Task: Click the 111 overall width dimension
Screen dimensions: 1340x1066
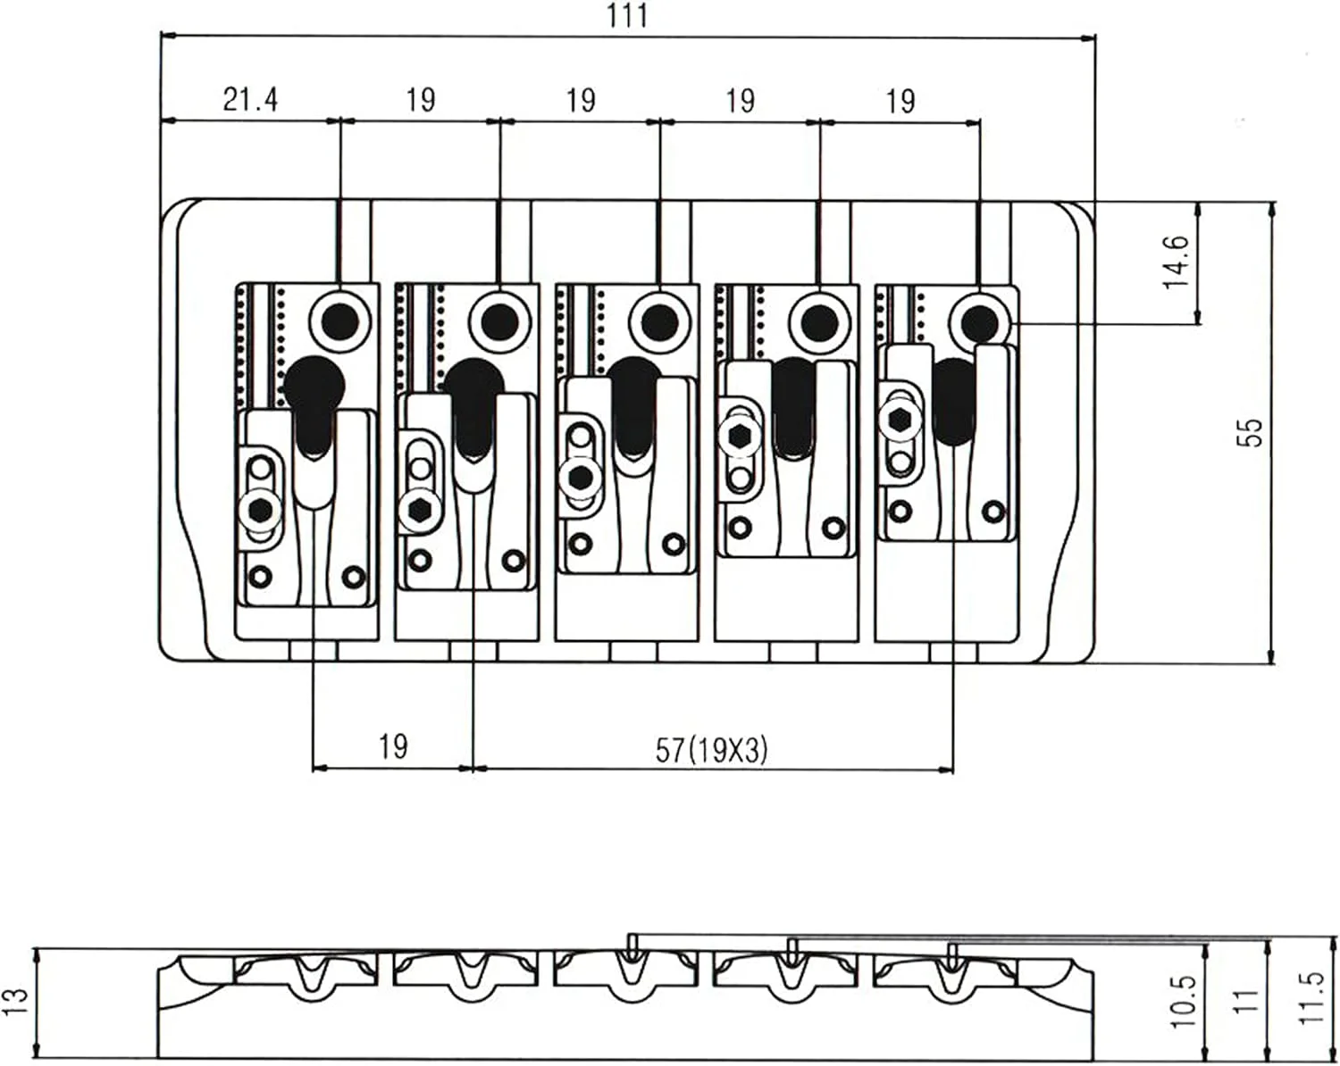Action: pyautogui.click(x=627, y=15)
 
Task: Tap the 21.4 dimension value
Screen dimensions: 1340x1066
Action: pyautogui.click(x=250, y=100)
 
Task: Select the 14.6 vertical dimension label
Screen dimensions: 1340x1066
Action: pyautogui.click(x=1177, y=262)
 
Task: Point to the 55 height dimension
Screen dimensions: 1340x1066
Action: pyautogui.click(x=1249, y=432)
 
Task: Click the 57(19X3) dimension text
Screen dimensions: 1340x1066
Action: pyautogui.click(x=712, y=751)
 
